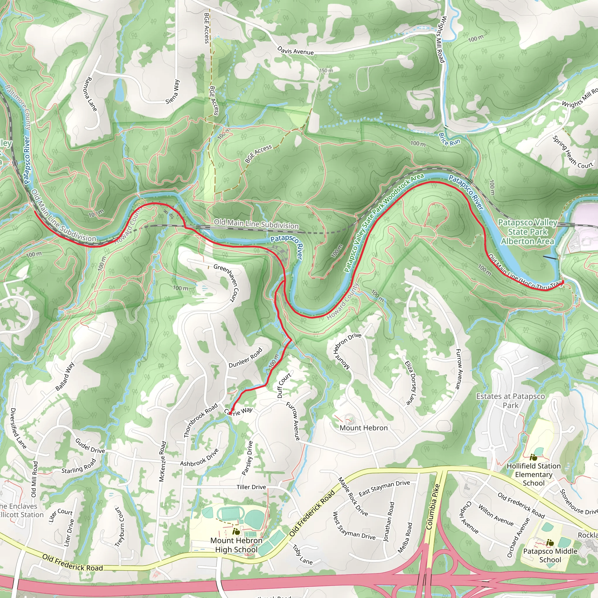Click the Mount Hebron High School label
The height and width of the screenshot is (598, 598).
coord(236,545)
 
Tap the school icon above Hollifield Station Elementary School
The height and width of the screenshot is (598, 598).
coord(533,457)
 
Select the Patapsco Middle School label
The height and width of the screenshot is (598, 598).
coord(550,555)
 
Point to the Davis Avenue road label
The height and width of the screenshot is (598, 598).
coord(295,51)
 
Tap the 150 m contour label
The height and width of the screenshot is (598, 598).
coord(326,71)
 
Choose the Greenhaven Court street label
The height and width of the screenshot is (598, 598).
coord(226,282)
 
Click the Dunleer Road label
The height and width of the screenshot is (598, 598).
coord(245,357)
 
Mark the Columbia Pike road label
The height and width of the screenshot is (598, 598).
coord(433,507)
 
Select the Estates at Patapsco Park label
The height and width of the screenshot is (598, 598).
coord(510,401)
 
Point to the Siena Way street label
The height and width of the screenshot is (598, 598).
coord(172,92)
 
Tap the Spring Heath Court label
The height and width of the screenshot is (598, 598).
coord(572,153)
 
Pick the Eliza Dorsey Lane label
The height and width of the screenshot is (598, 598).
coord(411,383)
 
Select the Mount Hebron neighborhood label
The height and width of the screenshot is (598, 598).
coord(363,428)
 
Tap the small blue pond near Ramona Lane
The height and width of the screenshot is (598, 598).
coord(119,91)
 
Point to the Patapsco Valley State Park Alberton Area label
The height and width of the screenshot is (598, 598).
coord(527,232)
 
